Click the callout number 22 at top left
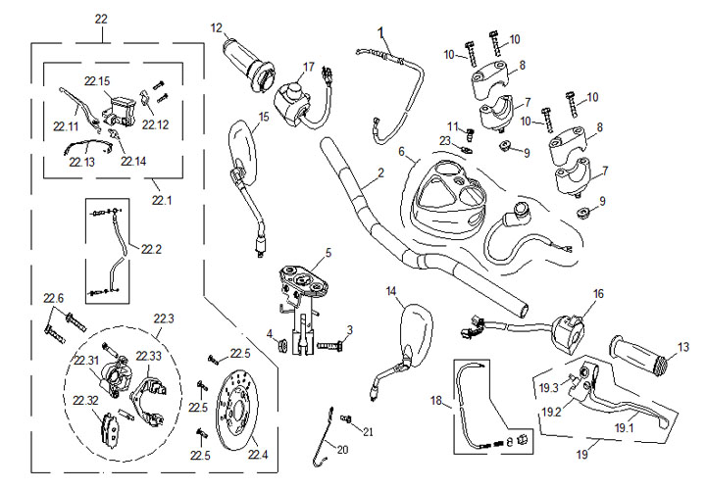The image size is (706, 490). click(102, 19)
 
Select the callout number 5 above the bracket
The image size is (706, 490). click(328, 252)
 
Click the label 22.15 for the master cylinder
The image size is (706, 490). click(98, 80)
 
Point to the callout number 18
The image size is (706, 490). click(437, 401)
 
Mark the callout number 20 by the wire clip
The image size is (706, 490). click(340, 450)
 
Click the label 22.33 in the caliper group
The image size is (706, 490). click(149, 355)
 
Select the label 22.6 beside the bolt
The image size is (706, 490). click(53, 298)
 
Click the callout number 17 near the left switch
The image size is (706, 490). click(308, 68)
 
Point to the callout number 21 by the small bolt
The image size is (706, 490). click(368, 430)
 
